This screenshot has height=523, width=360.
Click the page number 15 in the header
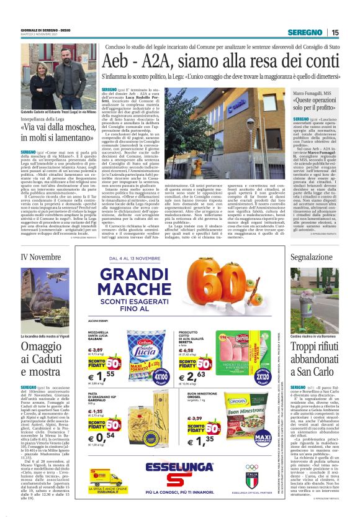pos(335,33)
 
